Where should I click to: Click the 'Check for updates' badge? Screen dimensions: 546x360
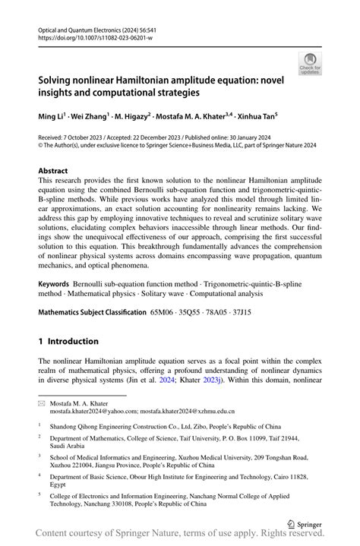[x=310, y=64]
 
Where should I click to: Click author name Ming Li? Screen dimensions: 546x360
[x=51, y=116]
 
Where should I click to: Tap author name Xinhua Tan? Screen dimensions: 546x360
[x=257, y=116]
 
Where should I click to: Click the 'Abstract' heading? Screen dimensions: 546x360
[x=52, y=171]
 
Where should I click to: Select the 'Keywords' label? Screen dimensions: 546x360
[x=55, y=282]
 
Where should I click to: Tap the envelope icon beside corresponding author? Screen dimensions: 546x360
[x=43, y=403]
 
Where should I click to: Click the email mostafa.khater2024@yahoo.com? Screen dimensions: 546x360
[x=94, y=412]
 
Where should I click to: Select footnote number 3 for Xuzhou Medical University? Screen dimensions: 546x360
[x=39, y=456]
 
